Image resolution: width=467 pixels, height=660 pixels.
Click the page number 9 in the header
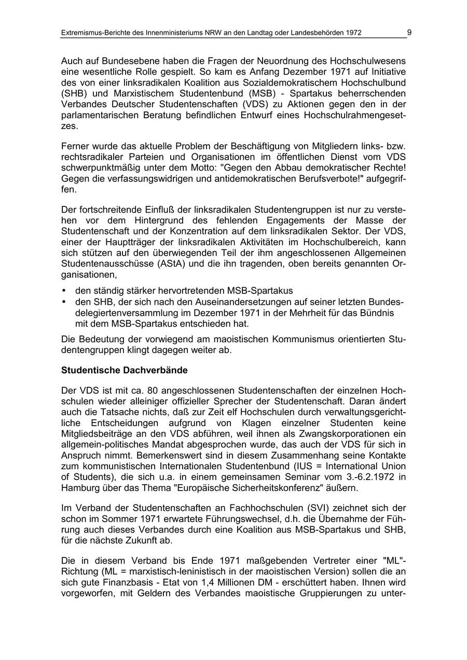tap(409, 33)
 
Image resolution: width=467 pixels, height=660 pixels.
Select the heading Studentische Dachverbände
tap(124, 371)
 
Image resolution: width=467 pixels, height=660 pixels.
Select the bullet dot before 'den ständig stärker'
tap(64, 291)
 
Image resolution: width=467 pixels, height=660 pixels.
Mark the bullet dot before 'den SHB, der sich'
tap(64, 302)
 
